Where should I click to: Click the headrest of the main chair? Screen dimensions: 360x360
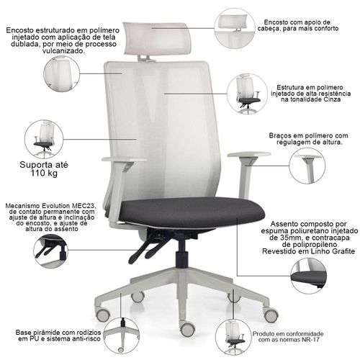(157, 38)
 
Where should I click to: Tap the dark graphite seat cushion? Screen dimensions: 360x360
(192, 212)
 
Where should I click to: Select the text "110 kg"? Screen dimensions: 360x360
(44, 174)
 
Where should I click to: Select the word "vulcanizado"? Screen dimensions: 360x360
(63, 51)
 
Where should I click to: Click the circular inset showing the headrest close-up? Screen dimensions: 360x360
(235, 28)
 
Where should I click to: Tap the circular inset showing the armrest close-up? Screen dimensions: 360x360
(307, 166)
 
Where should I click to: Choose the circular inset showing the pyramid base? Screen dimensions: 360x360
(122, 336)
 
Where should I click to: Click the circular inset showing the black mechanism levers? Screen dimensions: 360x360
(50, 251)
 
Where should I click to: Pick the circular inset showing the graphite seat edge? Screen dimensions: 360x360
(309, 276)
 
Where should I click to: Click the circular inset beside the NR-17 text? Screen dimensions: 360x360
(233, 337)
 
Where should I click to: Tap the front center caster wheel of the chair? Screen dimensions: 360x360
(187, 328)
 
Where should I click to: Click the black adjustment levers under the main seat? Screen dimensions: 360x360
(146, 247)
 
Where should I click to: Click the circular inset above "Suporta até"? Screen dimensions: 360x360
(44, 139)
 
